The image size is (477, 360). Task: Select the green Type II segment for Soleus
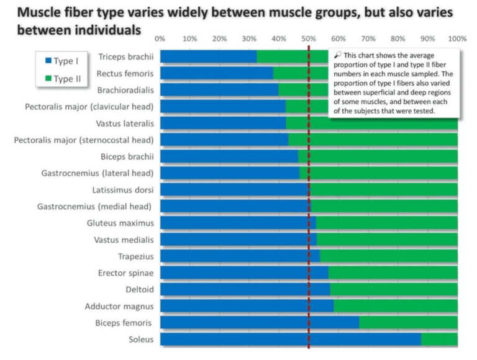coord(439,339)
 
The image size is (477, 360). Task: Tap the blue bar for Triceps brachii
coord(208,57)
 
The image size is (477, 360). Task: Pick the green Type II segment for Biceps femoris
coord(408,322)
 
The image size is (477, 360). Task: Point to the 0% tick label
coord(160,38)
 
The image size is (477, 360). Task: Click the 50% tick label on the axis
coord(309,38)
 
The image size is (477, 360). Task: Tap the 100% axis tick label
coord(457,38)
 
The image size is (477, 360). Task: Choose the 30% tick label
coord(249,38)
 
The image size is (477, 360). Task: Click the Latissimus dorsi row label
coord(123,189)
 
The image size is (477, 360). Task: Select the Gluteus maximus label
coord(120,223)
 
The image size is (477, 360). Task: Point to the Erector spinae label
coord(125,272)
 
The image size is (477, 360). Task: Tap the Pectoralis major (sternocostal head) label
coord(84,140)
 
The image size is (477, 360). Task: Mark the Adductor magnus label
coord(119,306)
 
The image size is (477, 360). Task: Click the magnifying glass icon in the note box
coord(337,55)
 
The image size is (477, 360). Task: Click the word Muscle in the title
coord(45,13)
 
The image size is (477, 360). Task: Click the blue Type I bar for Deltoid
coord(245,289)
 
